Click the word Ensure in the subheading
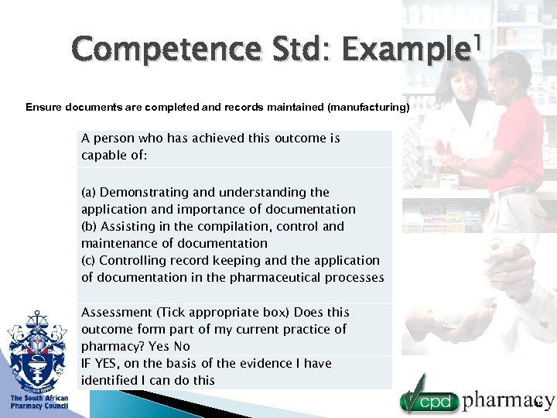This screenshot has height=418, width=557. pos(42,107)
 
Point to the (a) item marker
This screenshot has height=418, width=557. pos(89,192)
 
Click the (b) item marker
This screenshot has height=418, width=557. pos(89,226)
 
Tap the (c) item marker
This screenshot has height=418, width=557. pos(88,260)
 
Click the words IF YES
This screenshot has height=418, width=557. pos(100,363)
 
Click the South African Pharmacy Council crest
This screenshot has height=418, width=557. pos(37,353)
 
